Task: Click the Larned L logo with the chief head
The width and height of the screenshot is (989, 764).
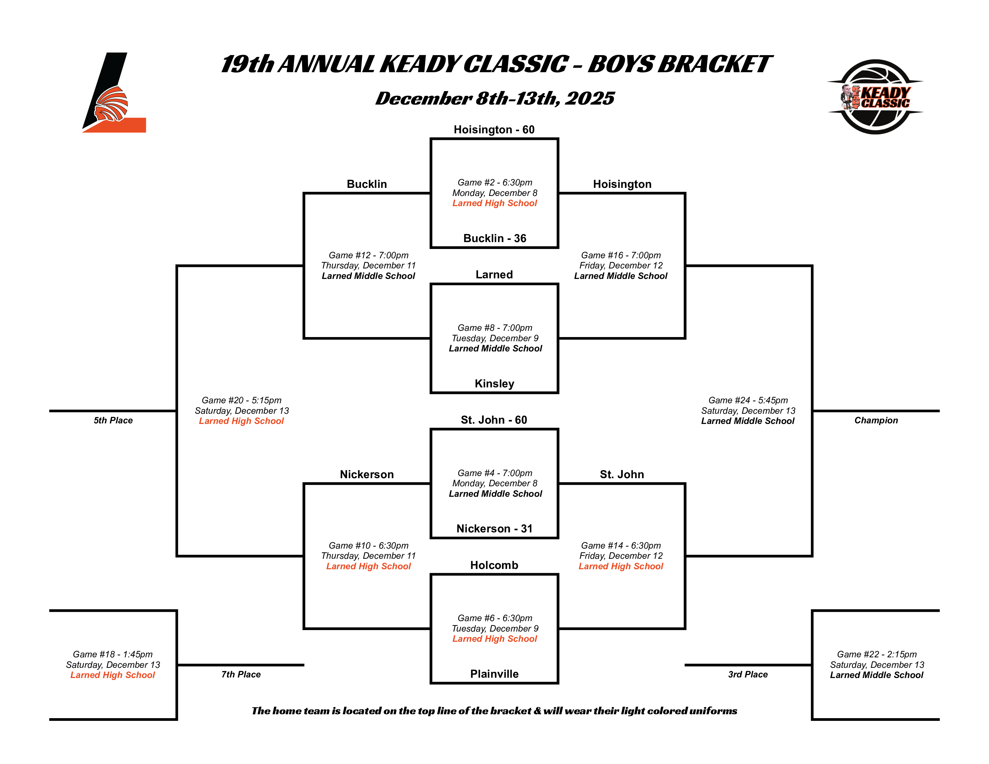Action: (x=113, y=93)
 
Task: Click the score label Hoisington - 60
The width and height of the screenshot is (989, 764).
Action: (x=494, y=130)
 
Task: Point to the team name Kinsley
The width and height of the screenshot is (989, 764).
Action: (x=494, y=384)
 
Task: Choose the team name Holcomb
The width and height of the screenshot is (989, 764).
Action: (x=494, y=565)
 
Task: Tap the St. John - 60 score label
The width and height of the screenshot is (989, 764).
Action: (x=494, y=420)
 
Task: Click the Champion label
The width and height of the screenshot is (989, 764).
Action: (x=876, y=420)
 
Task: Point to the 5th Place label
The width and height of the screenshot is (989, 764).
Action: (x=113, y=420)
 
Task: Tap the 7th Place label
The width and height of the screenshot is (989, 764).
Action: (x=241, y=674)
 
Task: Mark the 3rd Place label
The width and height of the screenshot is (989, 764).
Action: (x=748, y=674)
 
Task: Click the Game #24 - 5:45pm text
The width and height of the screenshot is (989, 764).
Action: (x=748, y=400)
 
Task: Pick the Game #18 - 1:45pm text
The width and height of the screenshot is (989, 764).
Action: (x=113, y=654)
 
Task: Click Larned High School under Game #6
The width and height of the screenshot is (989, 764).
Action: (x=494, y=639)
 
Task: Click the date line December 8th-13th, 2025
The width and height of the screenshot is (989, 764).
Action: (x=494, y=99)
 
